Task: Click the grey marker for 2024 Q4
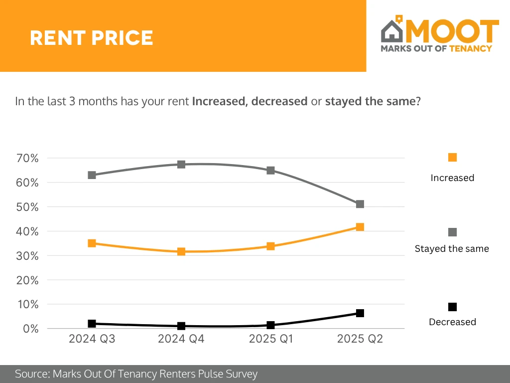(x=181, y=164)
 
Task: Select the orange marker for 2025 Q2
(x=360, y=227)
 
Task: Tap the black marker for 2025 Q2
(x=360, y=313)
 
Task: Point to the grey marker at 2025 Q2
(x=360, y=204)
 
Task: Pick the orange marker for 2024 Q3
(x=92, y=243)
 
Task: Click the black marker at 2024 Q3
(x=92, y=324)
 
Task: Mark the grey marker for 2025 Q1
(x=271, y=170)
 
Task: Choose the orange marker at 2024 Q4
(x=181, y=251)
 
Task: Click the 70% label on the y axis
(x=28, y=159)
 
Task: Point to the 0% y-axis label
(x=31, y=329)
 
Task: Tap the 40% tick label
(x=28, y=231)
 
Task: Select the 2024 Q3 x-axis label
(x=92, y=340)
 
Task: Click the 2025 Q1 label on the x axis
(x=271, y=340)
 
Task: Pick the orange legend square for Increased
(x=452, y=158)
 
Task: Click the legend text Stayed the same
(x=452, y=248)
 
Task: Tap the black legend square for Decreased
(x=452, y=307)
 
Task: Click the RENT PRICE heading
(x=91, y=38)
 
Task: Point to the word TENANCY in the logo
(x=470, y=48)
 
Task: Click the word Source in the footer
(x=31, y=374)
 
